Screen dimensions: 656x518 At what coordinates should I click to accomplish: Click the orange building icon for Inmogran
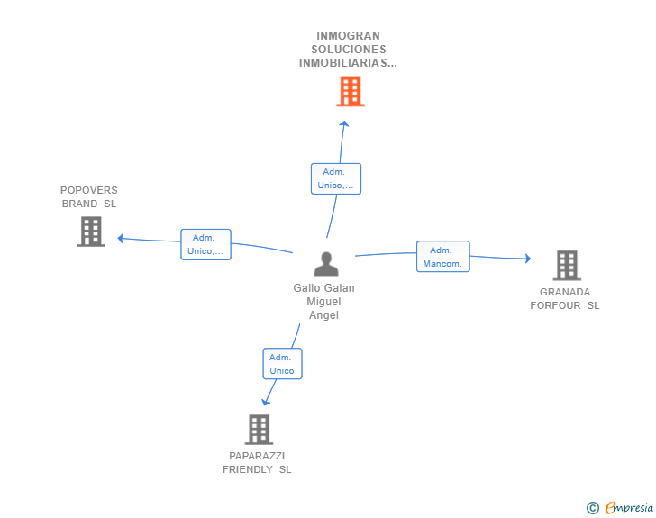coord(351,91)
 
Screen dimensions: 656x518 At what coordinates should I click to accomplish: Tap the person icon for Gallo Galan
coord(326,264)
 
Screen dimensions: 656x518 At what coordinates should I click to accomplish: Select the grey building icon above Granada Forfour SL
coord(567,265)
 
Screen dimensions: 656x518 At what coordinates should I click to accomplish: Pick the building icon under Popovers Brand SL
coord(91,232)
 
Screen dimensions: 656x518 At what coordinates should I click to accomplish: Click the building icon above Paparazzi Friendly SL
coord(259,430)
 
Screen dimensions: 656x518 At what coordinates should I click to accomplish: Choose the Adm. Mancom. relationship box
coord(443,257)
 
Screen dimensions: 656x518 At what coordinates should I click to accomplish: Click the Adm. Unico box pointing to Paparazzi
coord(282,364)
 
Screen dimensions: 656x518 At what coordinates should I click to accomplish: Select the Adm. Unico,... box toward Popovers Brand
coord(205,244)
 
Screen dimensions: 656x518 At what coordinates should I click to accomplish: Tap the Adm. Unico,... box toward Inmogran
coord(336,178)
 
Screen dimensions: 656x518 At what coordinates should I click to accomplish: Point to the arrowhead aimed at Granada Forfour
coord(528,259)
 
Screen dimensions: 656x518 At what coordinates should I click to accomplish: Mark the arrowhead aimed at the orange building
coord(344,123)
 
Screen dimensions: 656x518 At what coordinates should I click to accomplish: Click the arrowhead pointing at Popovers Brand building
coord(121,238)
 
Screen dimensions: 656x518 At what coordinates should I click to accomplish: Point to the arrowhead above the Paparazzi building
coord(266,402)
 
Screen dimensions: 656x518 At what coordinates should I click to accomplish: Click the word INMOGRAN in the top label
coord(348,36)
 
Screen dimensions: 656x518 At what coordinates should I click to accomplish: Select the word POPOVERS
coord(88,190)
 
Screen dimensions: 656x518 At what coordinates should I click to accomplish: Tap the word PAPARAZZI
coord(257,456)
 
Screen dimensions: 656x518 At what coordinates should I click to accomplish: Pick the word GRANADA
coord(565,292)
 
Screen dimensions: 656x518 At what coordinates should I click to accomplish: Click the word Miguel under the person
coord(323,302)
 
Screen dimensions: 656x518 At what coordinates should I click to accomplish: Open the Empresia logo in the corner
coord(629,507)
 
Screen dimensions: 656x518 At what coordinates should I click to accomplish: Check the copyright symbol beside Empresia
coord(593,508)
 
